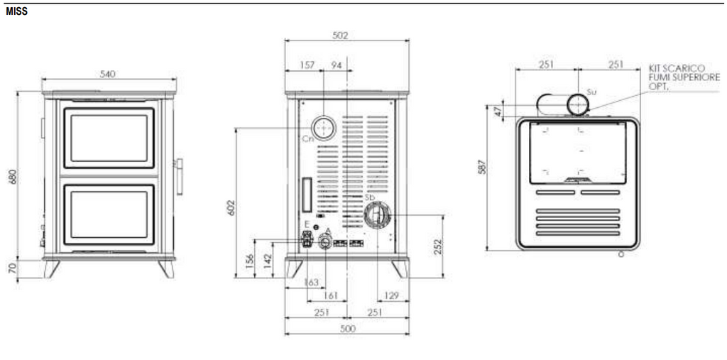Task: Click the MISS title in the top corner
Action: point(16,12)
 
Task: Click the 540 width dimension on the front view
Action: point(108,74)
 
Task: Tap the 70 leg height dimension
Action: point(13,269)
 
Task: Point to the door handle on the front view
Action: point(179,176)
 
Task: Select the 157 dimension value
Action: point(307,65)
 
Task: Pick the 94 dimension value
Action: point(337,65)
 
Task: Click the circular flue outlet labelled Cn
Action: point(324,127)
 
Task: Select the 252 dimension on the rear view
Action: point(438,246)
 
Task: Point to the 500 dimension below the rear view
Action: point(347,329)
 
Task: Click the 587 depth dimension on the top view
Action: point(481,168)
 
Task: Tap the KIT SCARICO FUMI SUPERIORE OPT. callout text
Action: point(676,77)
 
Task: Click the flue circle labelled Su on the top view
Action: point(577,106)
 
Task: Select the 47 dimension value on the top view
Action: point(498,111)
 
